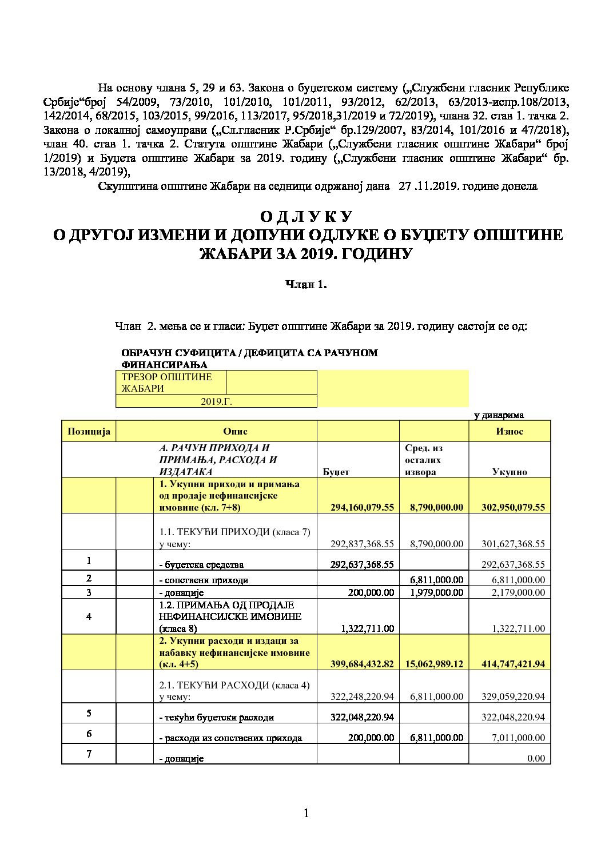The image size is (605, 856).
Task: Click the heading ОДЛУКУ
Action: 306,217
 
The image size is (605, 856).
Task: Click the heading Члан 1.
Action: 306,284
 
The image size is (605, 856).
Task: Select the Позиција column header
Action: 89,431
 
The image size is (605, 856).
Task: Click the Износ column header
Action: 510,431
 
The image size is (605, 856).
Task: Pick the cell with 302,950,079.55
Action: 510,507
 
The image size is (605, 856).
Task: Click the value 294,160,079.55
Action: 363,507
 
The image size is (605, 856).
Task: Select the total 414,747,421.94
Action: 510,664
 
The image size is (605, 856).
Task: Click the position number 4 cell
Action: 89,616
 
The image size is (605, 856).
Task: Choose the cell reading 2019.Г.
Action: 216,401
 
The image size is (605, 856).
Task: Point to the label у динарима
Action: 499,415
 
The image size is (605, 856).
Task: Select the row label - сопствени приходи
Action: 204,580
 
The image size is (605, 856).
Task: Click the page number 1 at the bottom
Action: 306,814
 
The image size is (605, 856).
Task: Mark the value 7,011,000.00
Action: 518,738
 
